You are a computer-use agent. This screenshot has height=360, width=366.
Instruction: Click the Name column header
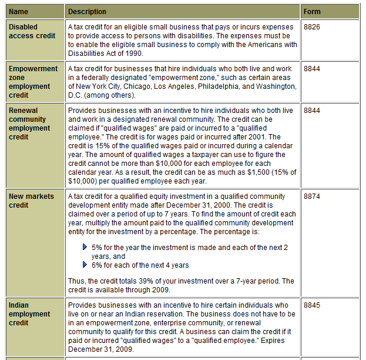(18, 12)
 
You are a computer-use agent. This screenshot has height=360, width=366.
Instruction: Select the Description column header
(88, 12)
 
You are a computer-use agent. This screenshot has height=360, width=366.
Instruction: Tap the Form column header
(312, 12)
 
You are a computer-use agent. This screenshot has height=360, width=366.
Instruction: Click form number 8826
(311, 27)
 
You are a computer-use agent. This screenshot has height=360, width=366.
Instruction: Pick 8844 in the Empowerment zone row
(311, 69)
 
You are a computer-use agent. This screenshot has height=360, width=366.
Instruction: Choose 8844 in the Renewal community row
(311, 110)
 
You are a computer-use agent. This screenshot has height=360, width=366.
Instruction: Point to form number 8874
(311, 196)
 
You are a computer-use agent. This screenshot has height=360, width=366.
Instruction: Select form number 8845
(311, 305)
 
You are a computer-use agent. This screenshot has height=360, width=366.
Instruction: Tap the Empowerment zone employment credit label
(33, 82)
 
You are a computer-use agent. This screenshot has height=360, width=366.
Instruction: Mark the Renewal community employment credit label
(29, 124)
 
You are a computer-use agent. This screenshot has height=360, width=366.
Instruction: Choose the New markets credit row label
(31, 201)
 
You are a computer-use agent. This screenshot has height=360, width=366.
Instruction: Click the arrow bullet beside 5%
(85, 248)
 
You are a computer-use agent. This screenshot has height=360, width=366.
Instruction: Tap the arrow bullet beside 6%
(85, 265)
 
